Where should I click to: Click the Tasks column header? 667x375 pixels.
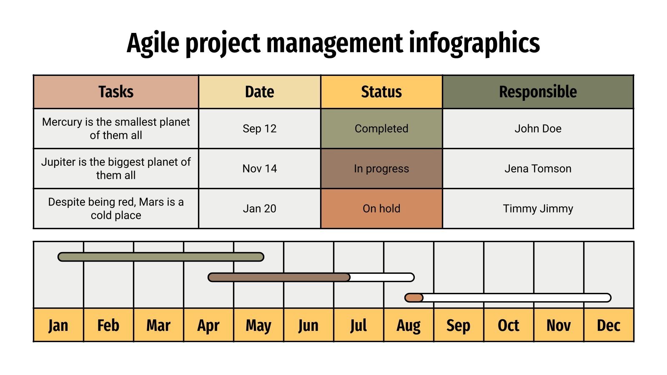(x=116, y=92)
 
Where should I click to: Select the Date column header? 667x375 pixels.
(x=259, y=92)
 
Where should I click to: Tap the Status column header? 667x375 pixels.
(x=381, y=92)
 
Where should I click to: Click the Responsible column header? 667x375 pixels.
(x=538, y=92)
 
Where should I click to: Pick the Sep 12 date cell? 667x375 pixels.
(x=259, y=129)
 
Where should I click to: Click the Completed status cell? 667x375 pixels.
(x=381, y=129)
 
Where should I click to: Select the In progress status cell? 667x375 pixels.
(x=381, y=169)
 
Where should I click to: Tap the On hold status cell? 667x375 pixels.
(x=381, y=209)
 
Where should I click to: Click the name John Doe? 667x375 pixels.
(x=538, y=129)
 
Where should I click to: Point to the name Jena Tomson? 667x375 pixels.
(x=538, y=169)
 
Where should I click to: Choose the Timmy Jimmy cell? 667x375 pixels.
(x=538, y=209)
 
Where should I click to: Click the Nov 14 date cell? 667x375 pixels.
(x=259, y=169)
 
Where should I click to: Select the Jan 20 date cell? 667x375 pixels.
(x=259, y=209)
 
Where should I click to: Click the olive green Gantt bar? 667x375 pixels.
(x=161, y=257)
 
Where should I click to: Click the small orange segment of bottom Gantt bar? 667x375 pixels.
(x=414, y=297)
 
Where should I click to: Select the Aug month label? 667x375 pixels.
(x=409, y=325)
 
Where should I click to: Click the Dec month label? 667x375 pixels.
(x=609, y=325)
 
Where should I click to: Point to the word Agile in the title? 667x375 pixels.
(x=153, y=43)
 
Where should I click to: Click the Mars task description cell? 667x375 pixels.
(x=116, y=209)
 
